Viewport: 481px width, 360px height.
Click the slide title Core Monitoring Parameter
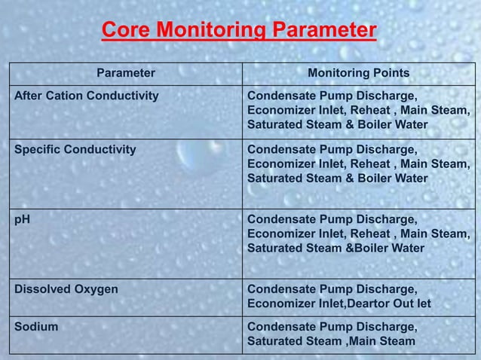[x=238, y=31]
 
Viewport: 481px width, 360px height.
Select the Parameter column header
[x=126, y=73]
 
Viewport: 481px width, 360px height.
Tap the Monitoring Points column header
[x=359, y=73]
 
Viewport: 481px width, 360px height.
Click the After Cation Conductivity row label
[x=87, y=96]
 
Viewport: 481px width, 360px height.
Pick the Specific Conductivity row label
[x=76, y=150]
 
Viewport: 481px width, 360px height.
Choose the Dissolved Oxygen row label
[x=67, y=288]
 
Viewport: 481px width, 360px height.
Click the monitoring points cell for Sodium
[x=332, y=335]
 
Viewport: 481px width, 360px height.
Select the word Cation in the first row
[x=66, y=96]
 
